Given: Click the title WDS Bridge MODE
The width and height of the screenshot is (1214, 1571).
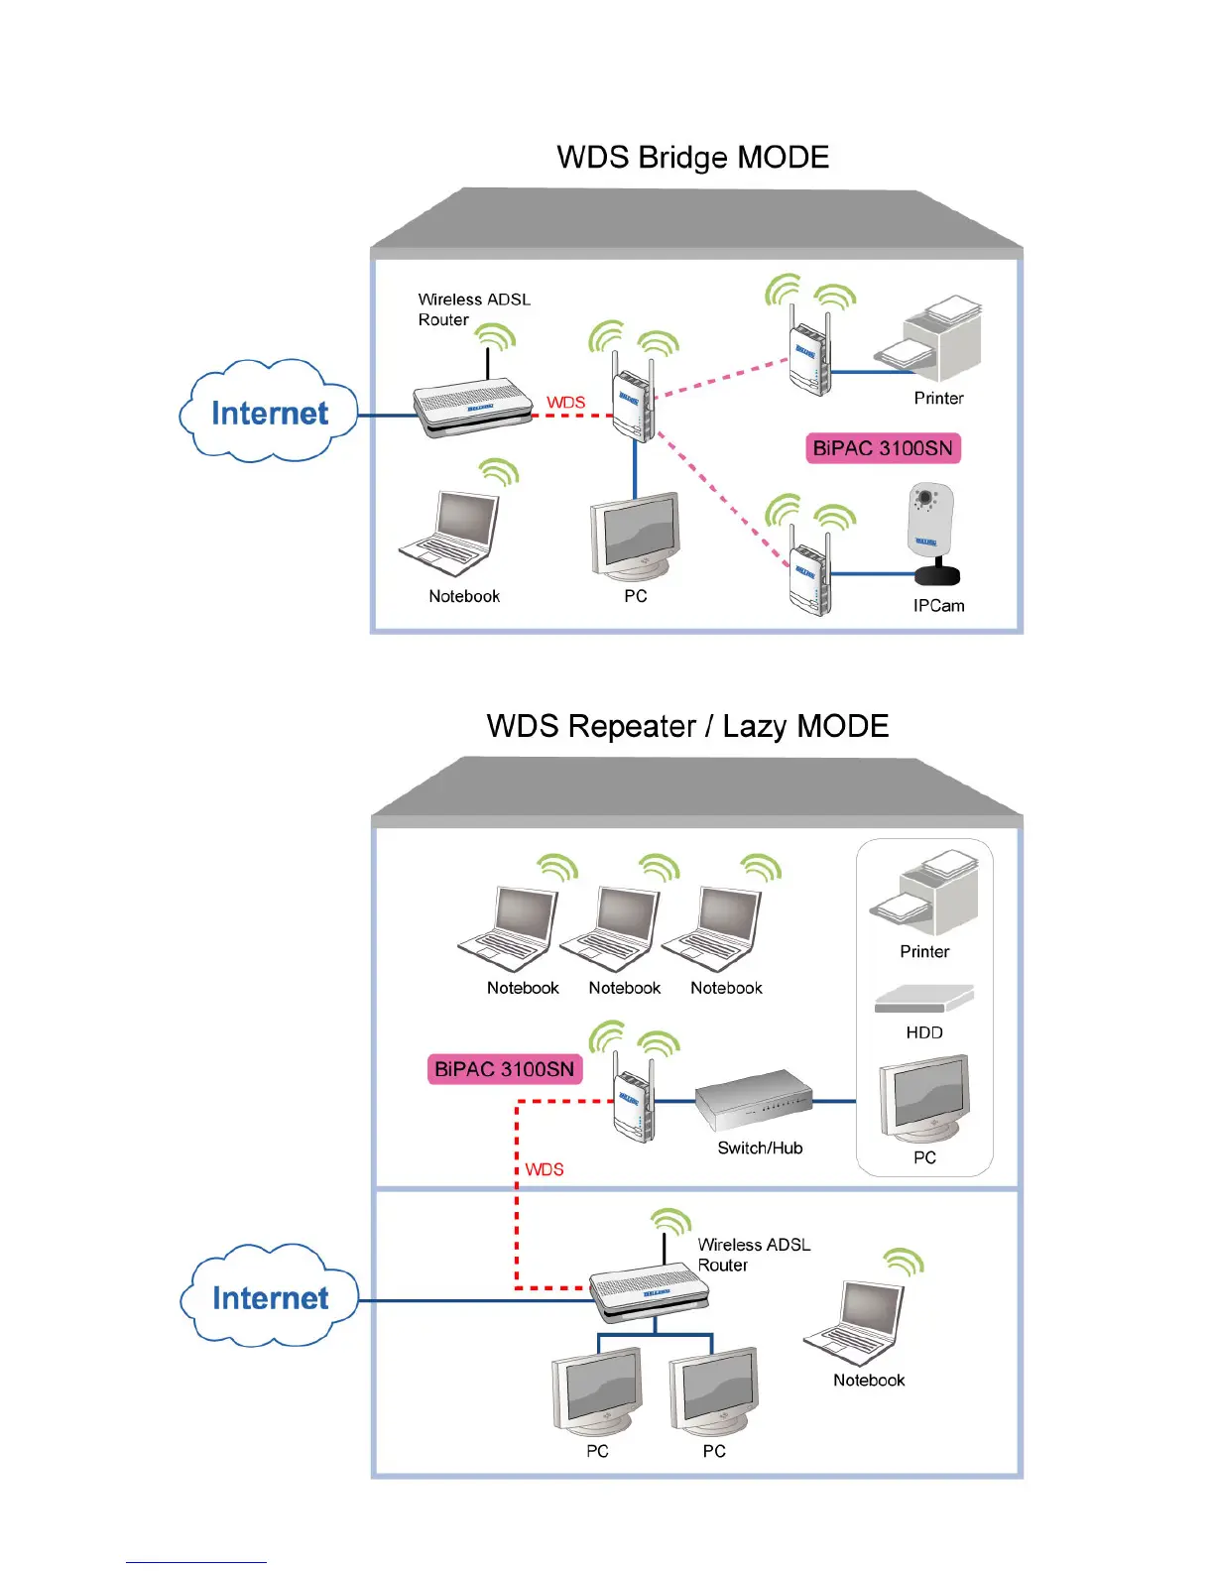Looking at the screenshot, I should (x=692, y=158).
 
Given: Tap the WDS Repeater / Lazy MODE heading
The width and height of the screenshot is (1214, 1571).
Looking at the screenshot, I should (x=687, y=726).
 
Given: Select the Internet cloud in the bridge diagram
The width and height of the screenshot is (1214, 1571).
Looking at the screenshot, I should (x=269, y=413).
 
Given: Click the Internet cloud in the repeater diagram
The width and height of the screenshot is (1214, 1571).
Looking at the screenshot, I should (x=270, y=1297).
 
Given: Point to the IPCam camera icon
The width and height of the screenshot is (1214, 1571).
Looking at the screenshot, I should (x=932, y=534).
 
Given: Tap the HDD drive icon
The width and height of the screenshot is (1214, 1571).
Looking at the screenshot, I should (x=924, y=998).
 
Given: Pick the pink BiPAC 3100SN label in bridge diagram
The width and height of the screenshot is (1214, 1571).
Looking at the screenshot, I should (x=883, y=448).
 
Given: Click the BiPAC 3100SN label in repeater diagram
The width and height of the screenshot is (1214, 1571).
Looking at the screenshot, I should (x=504, y=1069).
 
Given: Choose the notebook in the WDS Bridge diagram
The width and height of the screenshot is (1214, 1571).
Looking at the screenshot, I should (x=451, y=534).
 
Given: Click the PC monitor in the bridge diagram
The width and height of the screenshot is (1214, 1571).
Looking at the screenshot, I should (x=635, y=537).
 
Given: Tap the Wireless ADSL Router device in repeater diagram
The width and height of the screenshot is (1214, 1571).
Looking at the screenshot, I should (x=651, y=1293).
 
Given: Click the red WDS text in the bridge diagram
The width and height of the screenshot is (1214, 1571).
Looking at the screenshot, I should (x=565, y=402).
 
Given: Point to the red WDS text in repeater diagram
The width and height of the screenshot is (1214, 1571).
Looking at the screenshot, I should (x=545, y=1169).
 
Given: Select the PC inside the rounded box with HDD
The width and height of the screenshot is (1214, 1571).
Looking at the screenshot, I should (x=924, y=1101).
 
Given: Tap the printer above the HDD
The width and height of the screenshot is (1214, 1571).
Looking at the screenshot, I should (x=925, y=892).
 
